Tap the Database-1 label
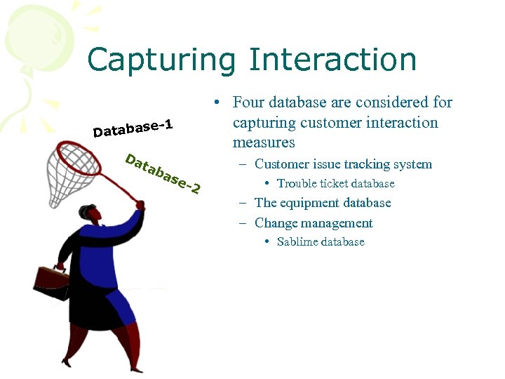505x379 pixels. pos(133,128)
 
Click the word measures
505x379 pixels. pos(264,142)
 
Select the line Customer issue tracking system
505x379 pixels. pos(343,164)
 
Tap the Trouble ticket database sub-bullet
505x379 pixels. pos(335,184)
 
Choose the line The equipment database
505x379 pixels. pos(323,203)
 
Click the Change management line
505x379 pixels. pos(314,223)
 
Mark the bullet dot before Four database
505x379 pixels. pos(219,103)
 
